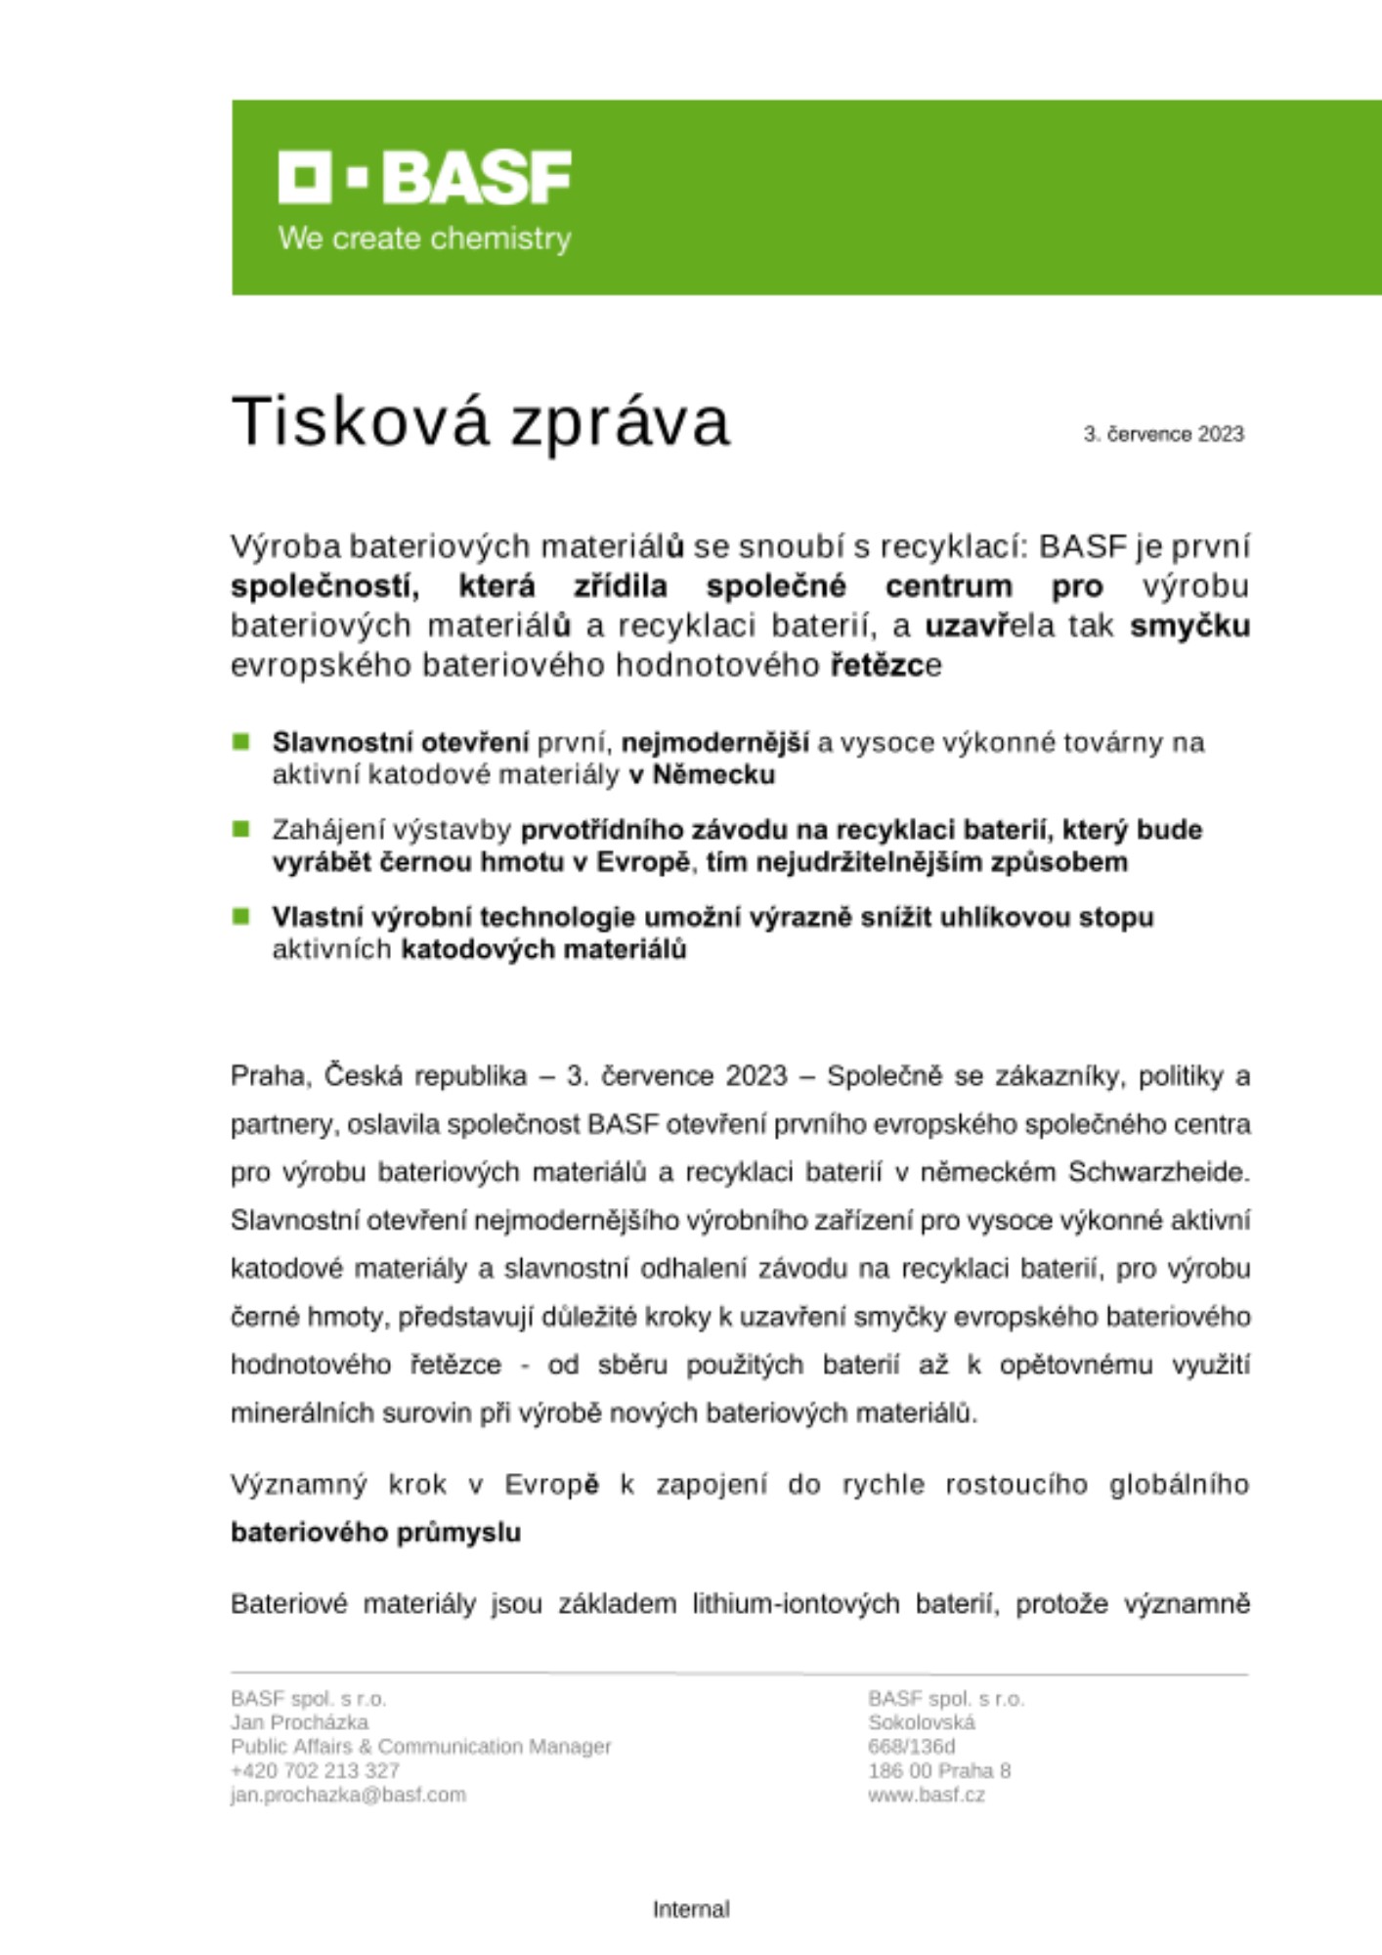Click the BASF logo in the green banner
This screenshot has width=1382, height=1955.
tap(424, 177)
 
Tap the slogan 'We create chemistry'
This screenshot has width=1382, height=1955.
tap(424, 239)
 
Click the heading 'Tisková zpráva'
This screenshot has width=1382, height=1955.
tap(480, 421)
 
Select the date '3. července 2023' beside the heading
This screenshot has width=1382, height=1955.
tap(1163, 434)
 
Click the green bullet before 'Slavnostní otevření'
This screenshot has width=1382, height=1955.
tap(241, 742)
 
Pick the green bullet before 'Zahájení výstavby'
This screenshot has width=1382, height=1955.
tap(241, 829)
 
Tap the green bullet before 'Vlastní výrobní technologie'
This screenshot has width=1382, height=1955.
tap(241, 917)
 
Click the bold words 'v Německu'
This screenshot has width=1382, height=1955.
tap(702, 775)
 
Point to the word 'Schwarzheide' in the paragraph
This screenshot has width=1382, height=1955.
tap(1158, 1171)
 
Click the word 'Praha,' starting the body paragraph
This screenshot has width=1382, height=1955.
tap(271, 1075)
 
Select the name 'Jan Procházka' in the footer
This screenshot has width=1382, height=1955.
tap(299, 1721)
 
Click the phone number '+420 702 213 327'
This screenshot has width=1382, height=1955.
tap(315, 1770)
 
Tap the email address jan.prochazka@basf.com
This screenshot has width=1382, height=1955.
tap(348, 1795)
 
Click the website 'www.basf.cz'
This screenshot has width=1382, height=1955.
tap(926, 1795)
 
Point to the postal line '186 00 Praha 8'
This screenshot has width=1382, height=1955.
tap(938, 1770)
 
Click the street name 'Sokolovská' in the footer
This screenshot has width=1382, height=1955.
tap(921, 1721)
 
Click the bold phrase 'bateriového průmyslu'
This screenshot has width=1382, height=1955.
tap(375, 1532)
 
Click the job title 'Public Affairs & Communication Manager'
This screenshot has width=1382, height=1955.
tap(420, 1746)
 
